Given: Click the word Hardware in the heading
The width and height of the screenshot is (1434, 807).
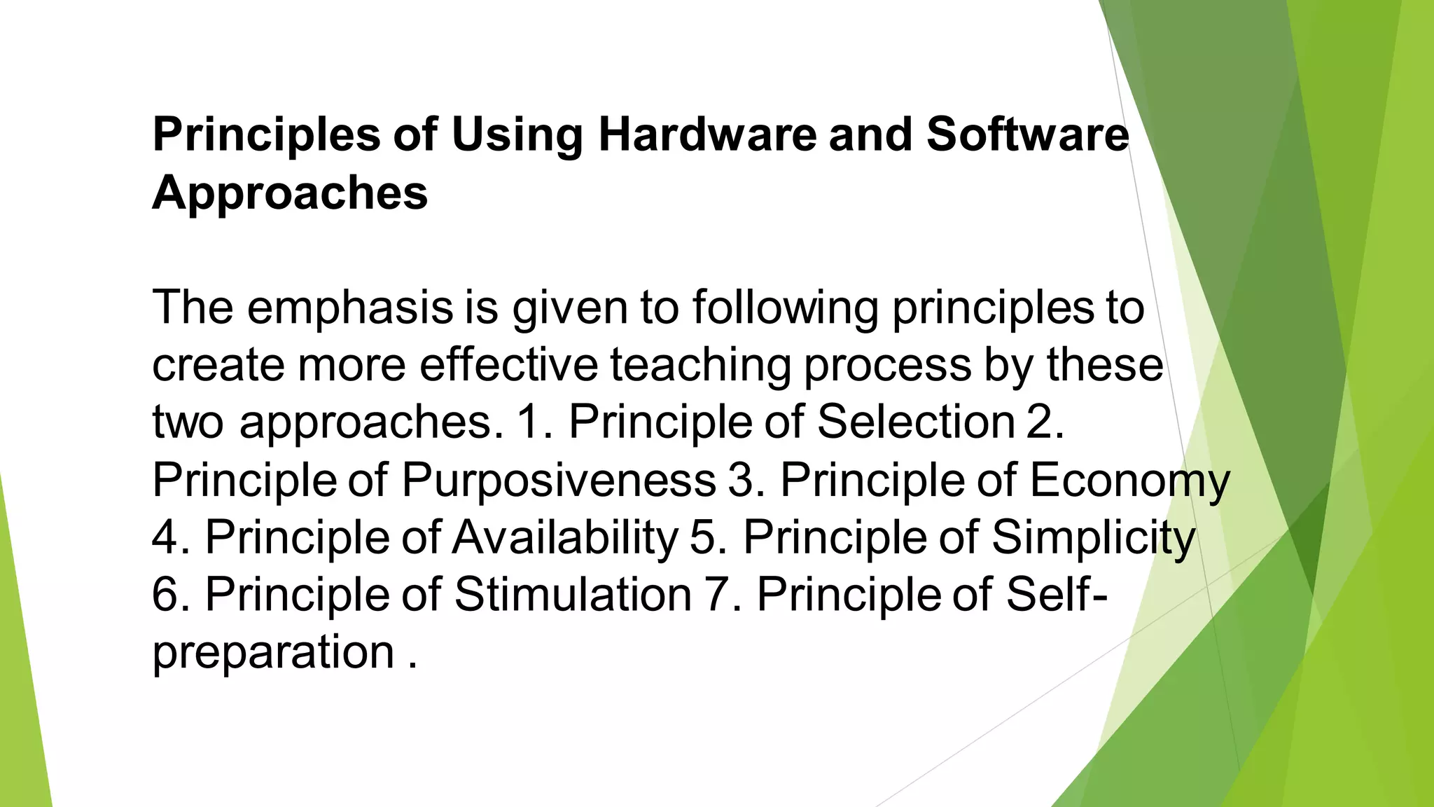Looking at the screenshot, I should [707, 134].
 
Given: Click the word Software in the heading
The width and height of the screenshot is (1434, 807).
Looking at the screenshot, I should [1027, 134].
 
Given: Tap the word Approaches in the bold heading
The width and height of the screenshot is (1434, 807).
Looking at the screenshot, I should [290, 192].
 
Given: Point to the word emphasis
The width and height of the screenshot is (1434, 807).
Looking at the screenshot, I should [350, 308].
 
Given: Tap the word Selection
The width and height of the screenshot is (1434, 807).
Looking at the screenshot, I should [916, 422].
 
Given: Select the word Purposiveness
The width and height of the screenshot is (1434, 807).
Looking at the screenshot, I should [559, 481].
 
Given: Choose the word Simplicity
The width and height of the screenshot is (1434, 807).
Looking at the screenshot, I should [1093, 539].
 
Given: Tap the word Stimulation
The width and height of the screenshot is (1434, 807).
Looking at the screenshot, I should [573, 595].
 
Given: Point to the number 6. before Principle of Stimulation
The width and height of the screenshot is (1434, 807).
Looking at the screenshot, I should [171, 595].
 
